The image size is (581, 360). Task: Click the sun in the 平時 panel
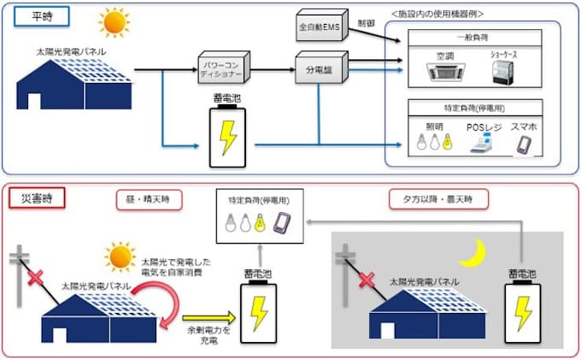click(x=112, y=20)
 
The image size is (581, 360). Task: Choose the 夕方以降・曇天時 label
click(x=439, y=199)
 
